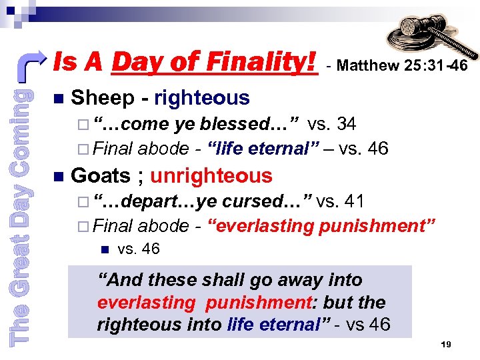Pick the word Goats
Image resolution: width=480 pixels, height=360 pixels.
100,176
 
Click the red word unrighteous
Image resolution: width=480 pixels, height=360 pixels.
211,176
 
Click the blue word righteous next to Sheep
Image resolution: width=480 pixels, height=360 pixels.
202,98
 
